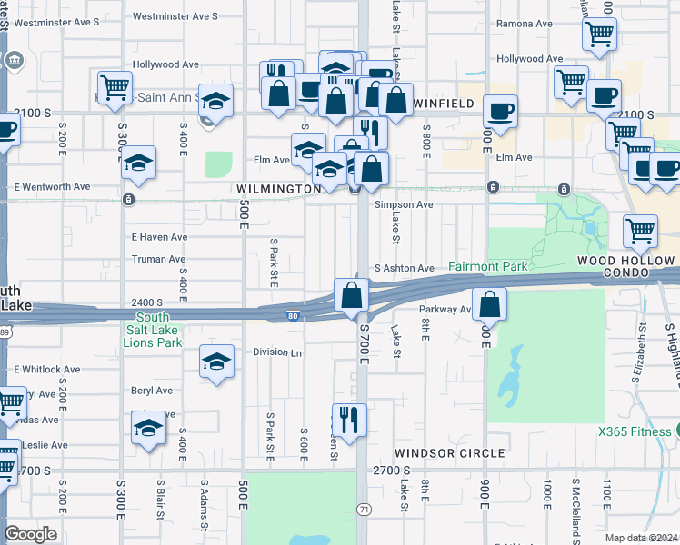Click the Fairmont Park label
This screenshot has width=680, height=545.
click(487, 268)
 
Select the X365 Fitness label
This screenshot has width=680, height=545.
click(636, 431)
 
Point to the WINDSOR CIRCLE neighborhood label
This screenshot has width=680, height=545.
click(449, 452)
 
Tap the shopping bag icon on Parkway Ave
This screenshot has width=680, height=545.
click(489, 303)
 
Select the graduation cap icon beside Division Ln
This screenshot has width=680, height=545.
click(216, 362)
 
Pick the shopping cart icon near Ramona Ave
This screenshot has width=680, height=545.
click(599, 35)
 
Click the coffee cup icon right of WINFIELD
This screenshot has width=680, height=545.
click(500, 111)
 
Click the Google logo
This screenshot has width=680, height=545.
click(30, 533)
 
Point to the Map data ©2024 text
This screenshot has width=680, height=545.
click(642, 538)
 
